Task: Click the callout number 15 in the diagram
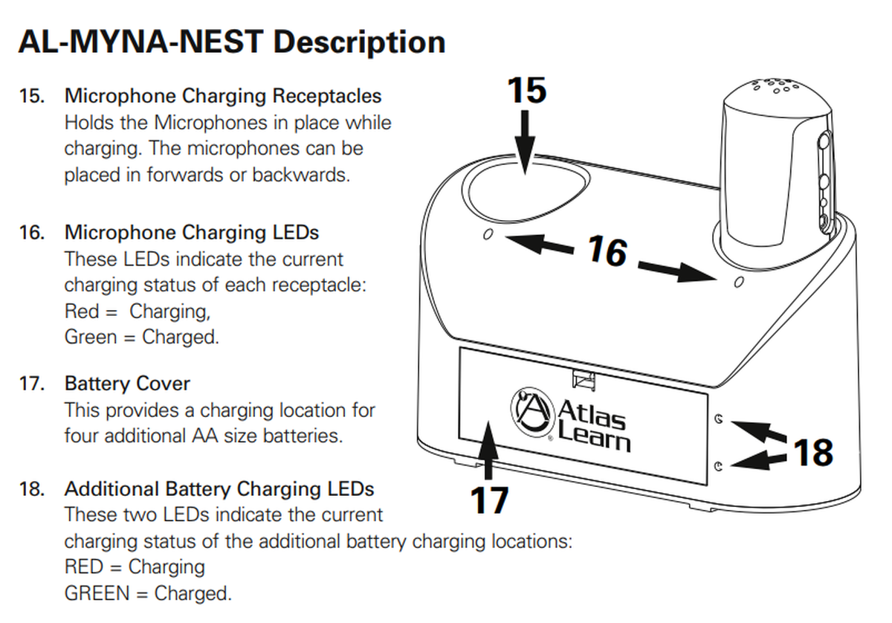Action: point(527,90)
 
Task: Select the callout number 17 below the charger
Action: point(489,500)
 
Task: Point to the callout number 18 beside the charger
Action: point(813,452)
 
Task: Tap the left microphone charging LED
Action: point(488,235)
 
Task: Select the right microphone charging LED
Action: point(739,283)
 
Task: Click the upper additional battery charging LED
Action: point(718,419)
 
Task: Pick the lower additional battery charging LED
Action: point(718,466)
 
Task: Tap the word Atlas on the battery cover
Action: point(591,410)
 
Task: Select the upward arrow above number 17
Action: point(488,450)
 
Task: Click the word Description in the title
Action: point(359,42)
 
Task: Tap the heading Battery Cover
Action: point(127,384)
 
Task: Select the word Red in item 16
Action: point(81,311)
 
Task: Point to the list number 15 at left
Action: point(31,96)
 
